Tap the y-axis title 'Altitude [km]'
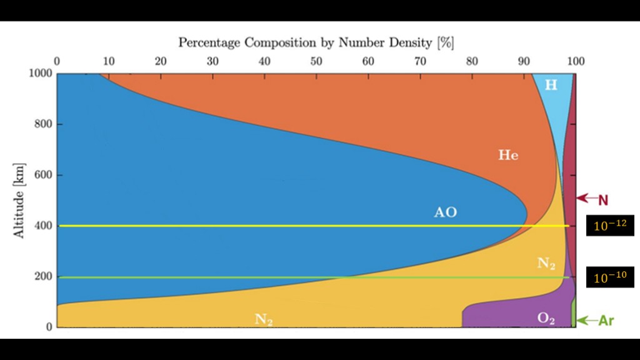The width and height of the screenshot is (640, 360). pos(19,201)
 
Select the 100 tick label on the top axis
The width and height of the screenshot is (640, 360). pos(575,61)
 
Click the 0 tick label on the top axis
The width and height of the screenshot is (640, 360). pos(57,61)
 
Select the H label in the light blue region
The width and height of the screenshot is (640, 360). pos(551,85)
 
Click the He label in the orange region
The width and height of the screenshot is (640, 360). pos(508,155)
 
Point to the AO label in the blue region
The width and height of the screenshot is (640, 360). pos(446,212)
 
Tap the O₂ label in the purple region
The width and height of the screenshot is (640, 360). pos(546,319)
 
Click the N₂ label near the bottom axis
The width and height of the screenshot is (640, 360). pos(264,319)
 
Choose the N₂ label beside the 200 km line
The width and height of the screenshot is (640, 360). pos(546,264)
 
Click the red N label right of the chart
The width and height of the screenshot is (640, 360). pos(603,200)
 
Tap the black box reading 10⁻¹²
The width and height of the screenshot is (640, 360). pos(609,226)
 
